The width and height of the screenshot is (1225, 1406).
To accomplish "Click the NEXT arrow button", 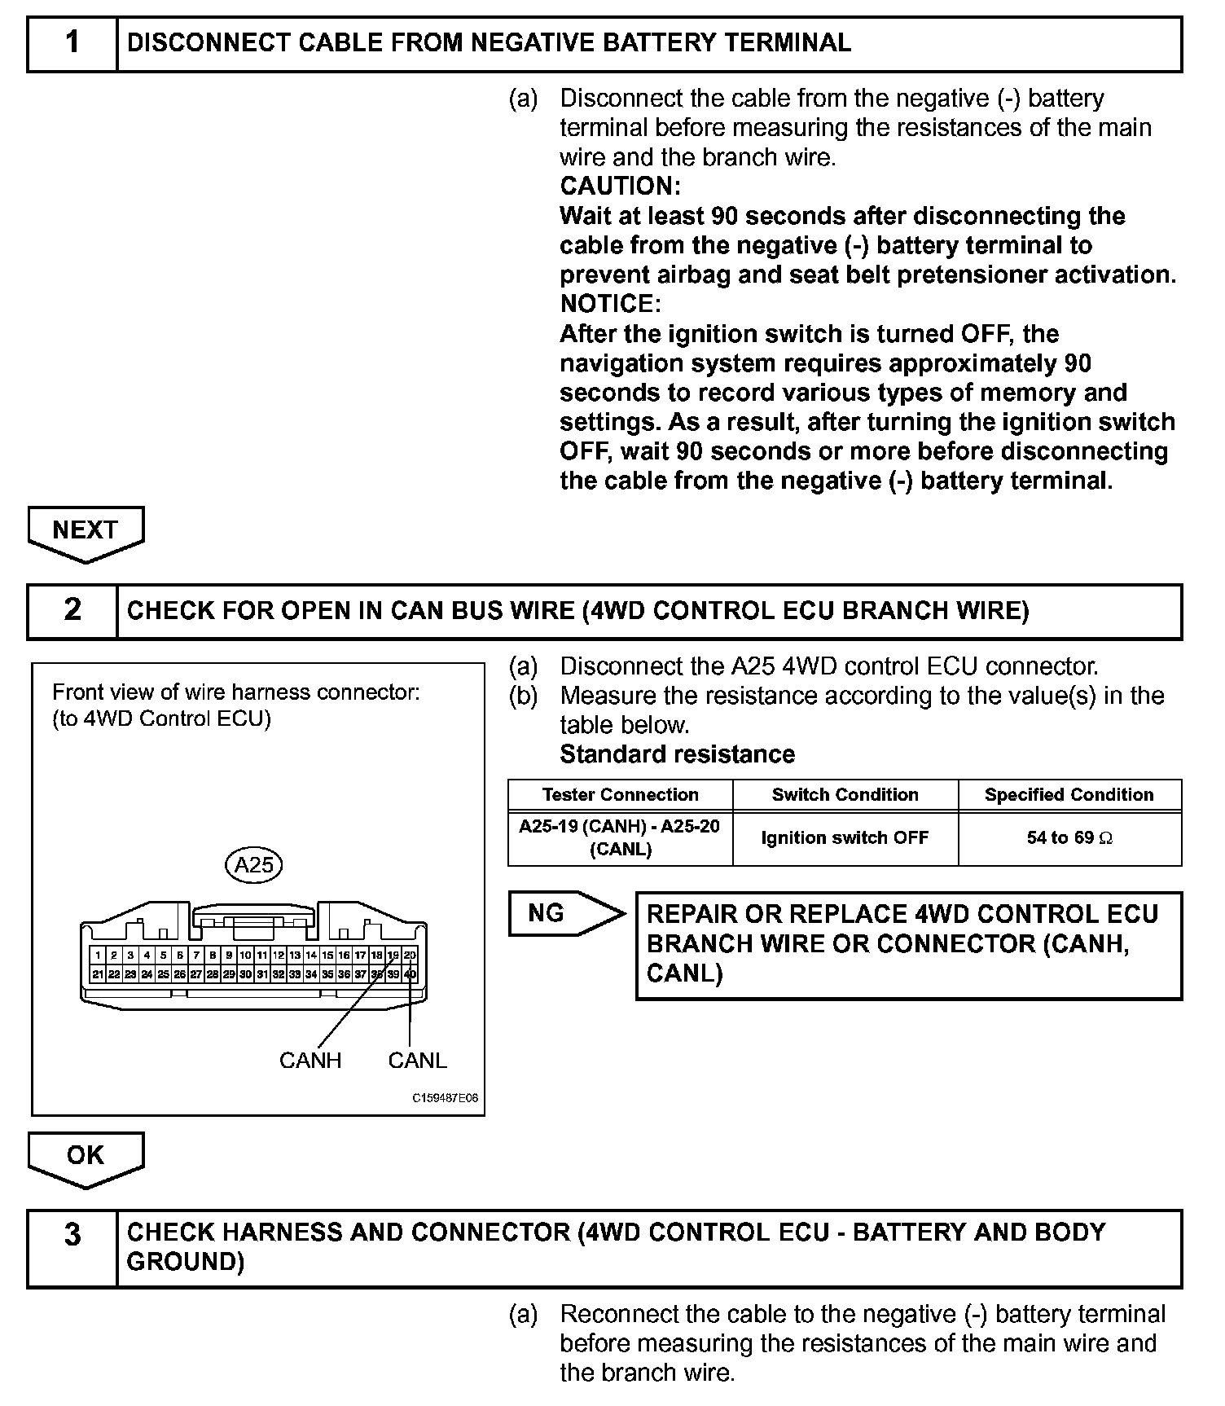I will [x=86, y=530].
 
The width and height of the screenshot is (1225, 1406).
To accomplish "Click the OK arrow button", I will [x=86, y=1155].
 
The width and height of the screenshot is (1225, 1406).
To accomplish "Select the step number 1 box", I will [x=72, y=42].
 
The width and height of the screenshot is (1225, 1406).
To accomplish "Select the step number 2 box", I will [x=72, y=610].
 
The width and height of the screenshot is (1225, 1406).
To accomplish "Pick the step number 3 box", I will [x=72, y=1247].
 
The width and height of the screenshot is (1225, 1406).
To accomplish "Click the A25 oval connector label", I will [x=253, y=864].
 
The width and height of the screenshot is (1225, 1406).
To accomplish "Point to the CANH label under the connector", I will [x=310, y=1061].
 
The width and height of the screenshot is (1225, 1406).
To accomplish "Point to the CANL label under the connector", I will [x=417, y=1061].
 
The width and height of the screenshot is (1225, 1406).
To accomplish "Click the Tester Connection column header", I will [x=620, y=795].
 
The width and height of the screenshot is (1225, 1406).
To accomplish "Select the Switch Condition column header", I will [x=845, y=795].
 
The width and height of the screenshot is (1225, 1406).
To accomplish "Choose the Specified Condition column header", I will [x=1069, y=795].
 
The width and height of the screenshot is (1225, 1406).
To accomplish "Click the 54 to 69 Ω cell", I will [x=1069, y=838].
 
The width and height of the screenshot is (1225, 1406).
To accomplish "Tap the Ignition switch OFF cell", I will [x=845, y=838].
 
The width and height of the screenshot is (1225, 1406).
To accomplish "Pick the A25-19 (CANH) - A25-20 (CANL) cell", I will [x=620, y=838].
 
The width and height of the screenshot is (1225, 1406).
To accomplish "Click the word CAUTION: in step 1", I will [x=620, y=187].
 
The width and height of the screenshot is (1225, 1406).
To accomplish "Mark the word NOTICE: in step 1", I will [x=611, y=305].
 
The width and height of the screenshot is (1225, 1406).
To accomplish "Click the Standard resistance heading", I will [x=677, y=754].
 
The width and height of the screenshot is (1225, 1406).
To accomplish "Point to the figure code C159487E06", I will [x=445, y=1098].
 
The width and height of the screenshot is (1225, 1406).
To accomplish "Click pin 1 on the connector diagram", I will [x=98, y=956].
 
